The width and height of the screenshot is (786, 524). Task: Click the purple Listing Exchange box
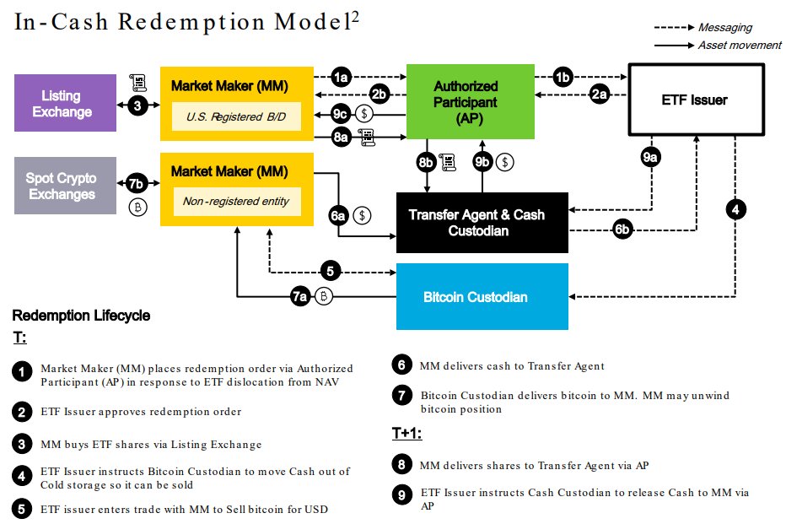pyautogui.click(x=66, y=102)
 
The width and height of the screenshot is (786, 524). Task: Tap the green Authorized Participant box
pyautogui.click(x=466, y=100)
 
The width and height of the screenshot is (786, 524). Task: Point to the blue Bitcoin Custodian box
pyautogui.click(x=482, y=297)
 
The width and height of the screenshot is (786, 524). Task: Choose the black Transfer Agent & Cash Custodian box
pyautogui.click(x=482, y=222)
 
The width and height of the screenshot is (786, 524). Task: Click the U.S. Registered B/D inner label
pyautogui.click(x=230, y=117)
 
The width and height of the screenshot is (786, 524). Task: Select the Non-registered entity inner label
pyautogui.click(x=230, y=202)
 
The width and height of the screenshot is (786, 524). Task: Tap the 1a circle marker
pyautogui.click(x=341, y=78)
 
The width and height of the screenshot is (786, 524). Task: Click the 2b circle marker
pyautogui.click(x=380, y=94)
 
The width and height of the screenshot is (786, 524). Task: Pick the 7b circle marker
pyautogui.click(x=136, y=182)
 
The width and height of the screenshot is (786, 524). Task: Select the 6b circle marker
pyautogui.click(x=622, y=229)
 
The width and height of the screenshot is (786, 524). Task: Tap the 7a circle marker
pyautogui.click(x=300, y=296)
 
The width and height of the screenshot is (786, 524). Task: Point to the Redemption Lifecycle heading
pyautogui.click(x=81, y=316)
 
